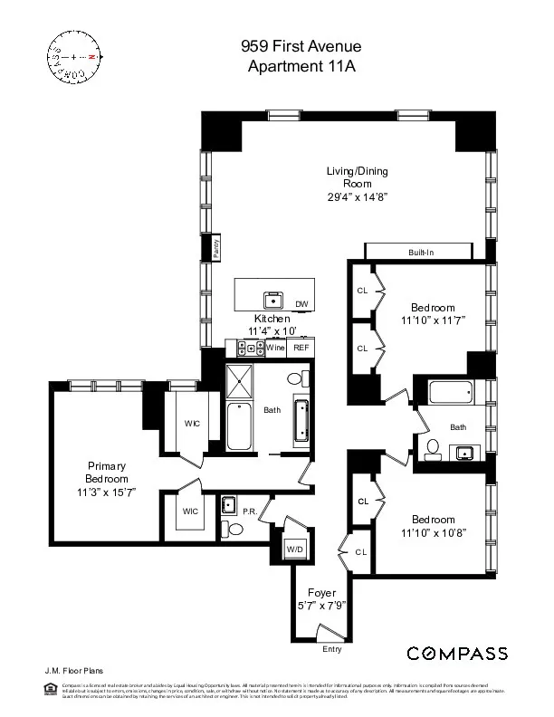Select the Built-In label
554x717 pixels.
click(419, 252)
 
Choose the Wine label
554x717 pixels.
click(276, 348)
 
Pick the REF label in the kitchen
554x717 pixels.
click(301, 348)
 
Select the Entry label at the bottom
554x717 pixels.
click(333, 649)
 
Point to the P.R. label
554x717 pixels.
click(251, 511)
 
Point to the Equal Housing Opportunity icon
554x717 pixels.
click(50, 690)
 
